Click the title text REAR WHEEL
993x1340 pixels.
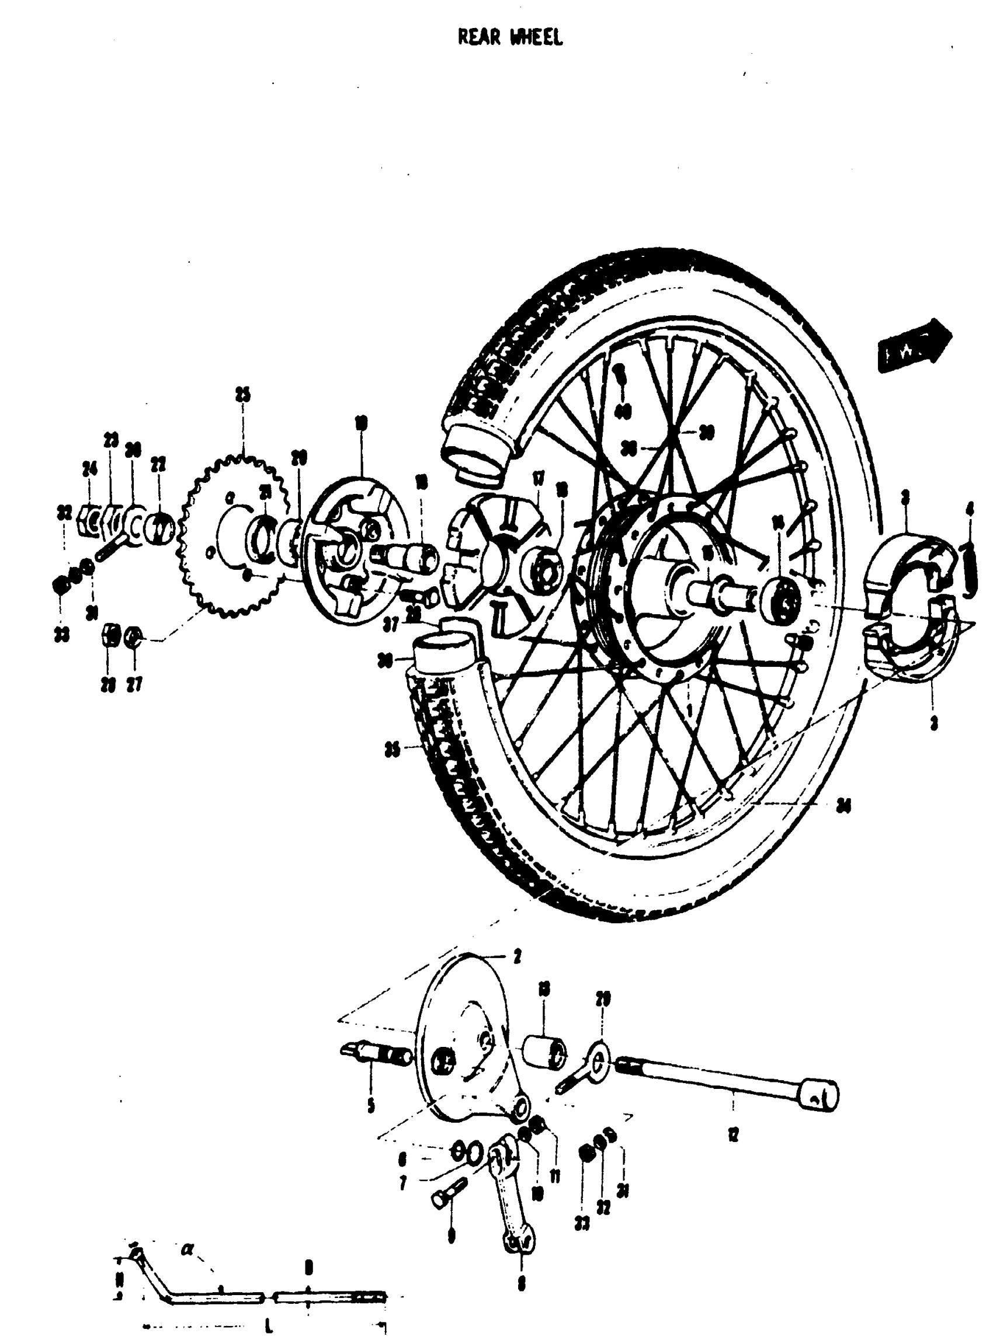pyautogui.click(x=510, y=37)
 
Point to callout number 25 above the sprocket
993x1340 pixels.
pyautogui.click(x=242, y=395)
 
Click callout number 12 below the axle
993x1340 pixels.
pyautogui.click(x=732, y=1134)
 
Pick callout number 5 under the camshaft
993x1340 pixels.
pyautogui.click(x=371, y=1104)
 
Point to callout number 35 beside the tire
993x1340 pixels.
pyautogui.click(x=392, y=750)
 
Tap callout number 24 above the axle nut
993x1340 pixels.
pyautogui.click(x=89, y=469)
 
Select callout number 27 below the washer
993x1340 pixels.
pyautogui.click(x=134, y=684)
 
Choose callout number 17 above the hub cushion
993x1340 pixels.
pyautogui.click(x=538, y=479)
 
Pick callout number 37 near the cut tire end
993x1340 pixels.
pyautogui.click(x=391, y=625)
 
